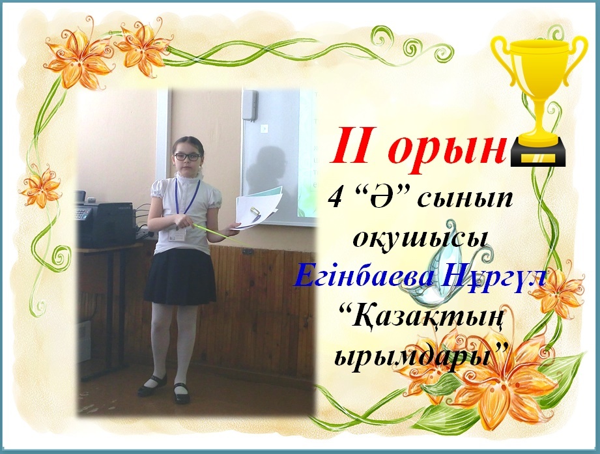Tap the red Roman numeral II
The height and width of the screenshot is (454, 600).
point(354,146)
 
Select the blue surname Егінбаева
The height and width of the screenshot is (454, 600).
point(365,277)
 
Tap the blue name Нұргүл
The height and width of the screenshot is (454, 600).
point(494,277)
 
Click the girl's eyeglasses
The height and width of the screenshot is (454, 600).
point(187,157)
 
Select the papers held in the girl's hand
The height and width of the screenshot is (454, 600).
point(257,207)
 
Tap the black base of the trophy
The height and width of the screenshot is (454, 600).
point(537,155)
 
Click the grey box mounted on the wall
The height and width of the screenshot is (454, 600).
point(249,106)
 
